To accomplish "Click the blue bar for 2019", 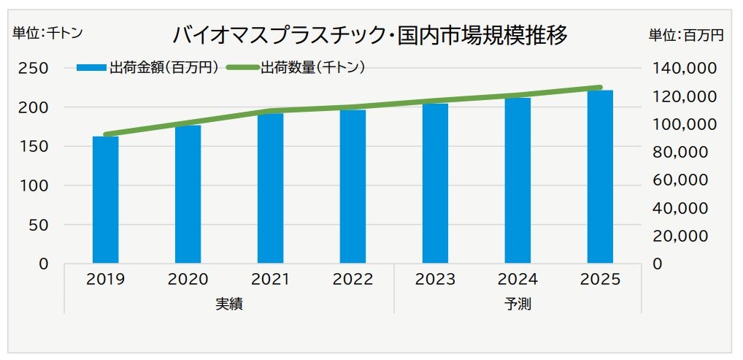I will [x=105, y=199].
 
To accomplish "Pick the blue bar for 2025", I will [x=600, y=176].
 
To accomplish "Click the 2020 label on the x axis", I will [x=188, y=280].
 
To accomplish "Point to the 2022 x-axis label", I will [x=353, y=280].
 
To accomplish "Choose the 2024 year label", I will [x=517, y=280].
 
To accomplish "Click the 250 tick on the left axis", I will [x=34, y=68].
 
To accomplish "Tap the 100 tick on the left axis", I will [x=34, y=185].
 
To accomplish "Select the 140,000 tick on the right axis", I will [x=681, y=68].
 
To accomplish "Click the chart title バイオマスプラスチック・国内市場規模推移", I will [x=369, y=35].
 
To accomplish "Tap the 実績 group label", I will [x=228, y=304].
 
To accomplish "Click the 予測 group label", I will [x=517, y=304].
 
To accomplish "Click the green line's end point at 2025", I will [x=600, y=87].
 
